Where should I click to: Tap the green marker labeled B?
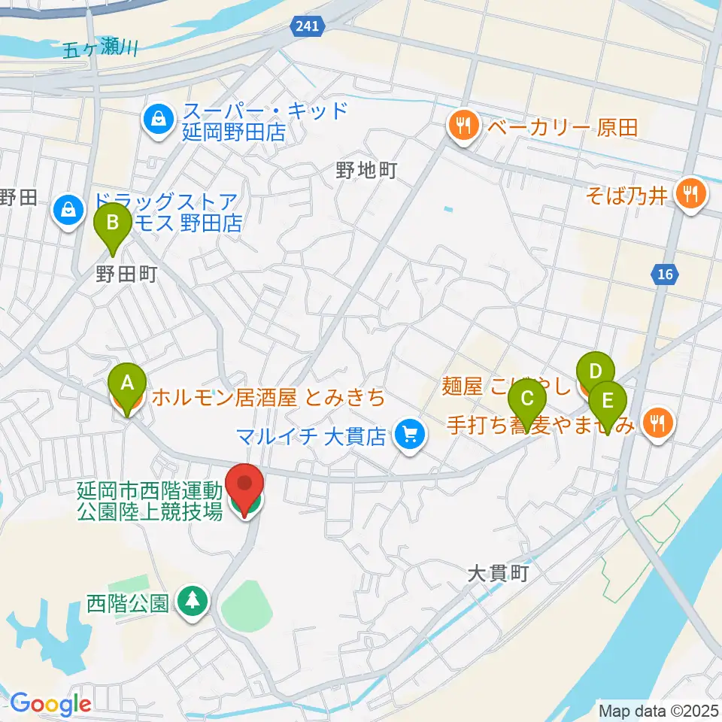(x=113, y=223)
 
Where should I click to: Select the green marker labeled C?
(x=527, y=399)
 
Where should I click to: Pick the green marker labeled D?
(x=595, y=372)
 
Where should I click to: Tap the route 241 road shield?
(x=308, y=26)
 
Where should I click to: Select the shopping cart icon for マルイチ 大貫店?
(x=410, y=434)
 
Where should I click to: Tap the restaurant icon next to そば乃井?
(x=688, y=194)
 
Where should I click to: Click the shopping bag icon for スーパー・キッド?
(x=159, y=120)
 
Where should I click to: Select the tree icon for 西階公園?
(x=193, y=600)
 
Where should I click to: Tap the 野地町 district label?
(x=366, y=171)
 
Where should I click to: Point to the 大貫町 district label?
(x=499, y=574)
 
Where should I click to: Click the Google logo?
(x=51, y=705)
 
